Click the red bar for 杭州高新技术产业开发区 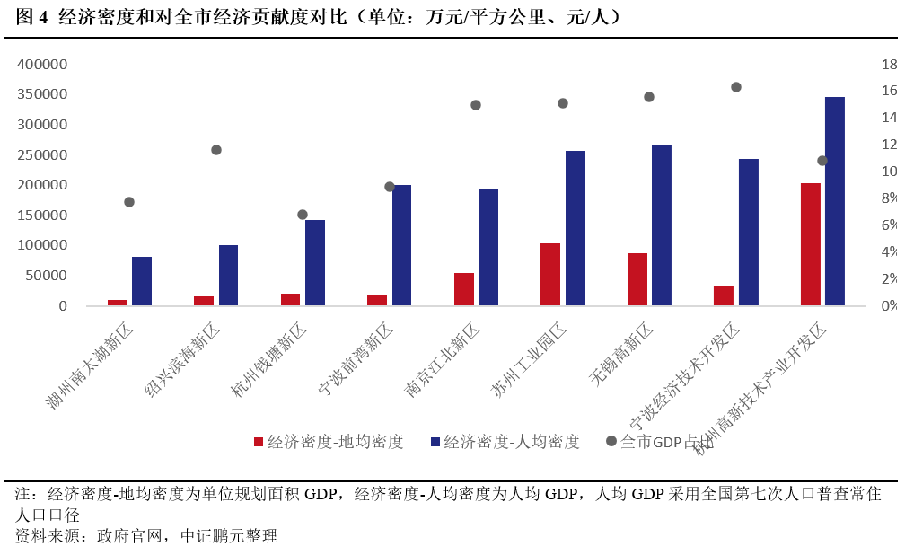tap(811, 244)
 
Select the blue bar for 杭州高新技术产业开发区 tap(835, 201)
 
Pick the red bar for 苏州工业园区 tap(550, 275)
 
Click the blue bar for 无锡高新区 tap(662, 225)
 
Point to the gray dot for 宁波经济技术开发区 tap(736, 87)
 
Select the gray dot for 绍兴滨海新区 tap(216, 150)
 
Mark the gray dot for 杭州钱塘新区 tap(303, 215)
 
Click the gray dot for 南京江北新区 tap(476, 105)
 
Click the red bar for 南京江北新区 tap(464, 289)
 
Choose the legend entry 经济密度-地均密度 tap(329, 441)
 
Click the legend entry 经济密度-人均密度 tap(505, 441)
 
